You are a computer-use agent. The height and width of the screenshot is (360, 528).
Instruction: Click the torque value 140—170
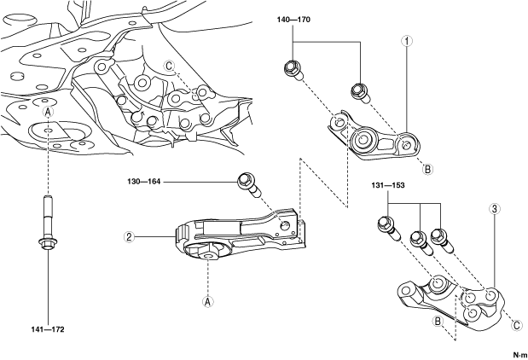pos(293,20)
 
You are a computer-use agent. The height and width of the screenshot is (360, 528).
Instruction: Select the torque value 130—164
pos(144,182)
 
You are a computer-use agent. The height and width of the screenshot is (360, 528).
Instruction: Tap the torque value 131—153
pos(388,186)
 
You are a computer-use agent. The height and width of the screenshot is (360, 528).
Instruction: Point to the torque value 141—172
pos(48,329)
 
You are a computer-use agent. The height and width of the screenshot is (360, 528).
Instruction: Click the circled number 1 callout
pos(407,41)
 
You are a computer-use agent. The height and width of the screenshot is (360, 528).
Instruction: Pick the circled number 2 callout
pos(129,237)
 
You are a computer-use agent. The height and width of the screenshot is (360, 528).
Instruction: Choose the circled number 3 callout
pos(495,209)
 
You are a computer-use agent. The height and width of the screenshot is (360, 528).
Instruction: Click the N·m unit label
pos(520,355)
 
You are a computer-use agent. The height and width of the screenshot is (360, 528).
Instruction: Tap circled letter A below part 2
pos(208,302)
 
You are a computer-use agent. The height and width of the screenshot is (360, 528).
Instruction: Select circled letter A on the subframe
pos(49,113)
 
